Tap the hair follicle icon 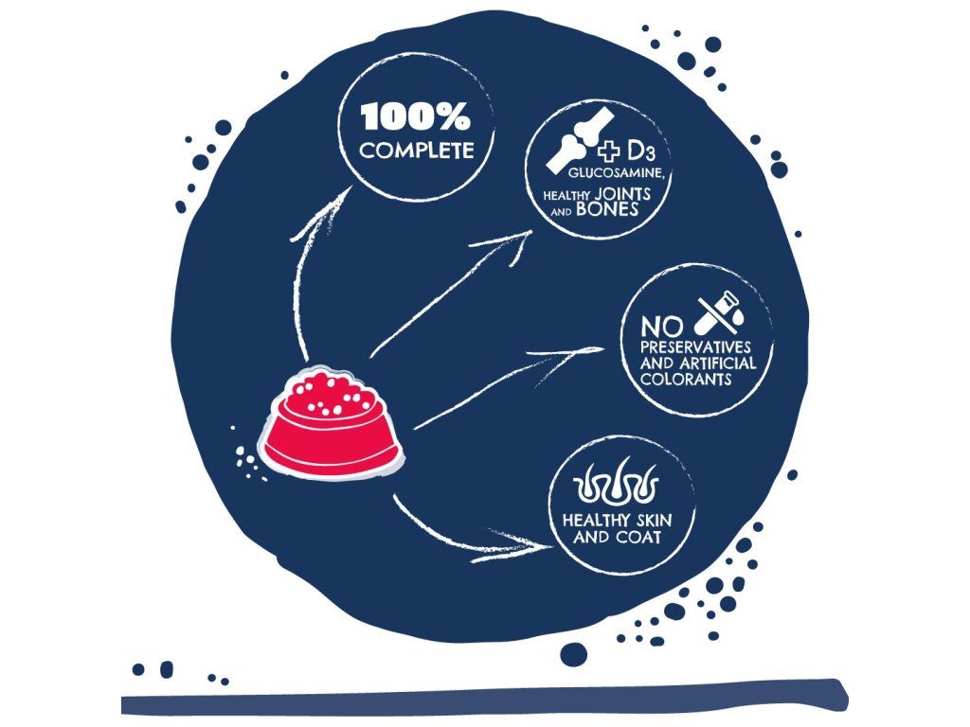[617, 486]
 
